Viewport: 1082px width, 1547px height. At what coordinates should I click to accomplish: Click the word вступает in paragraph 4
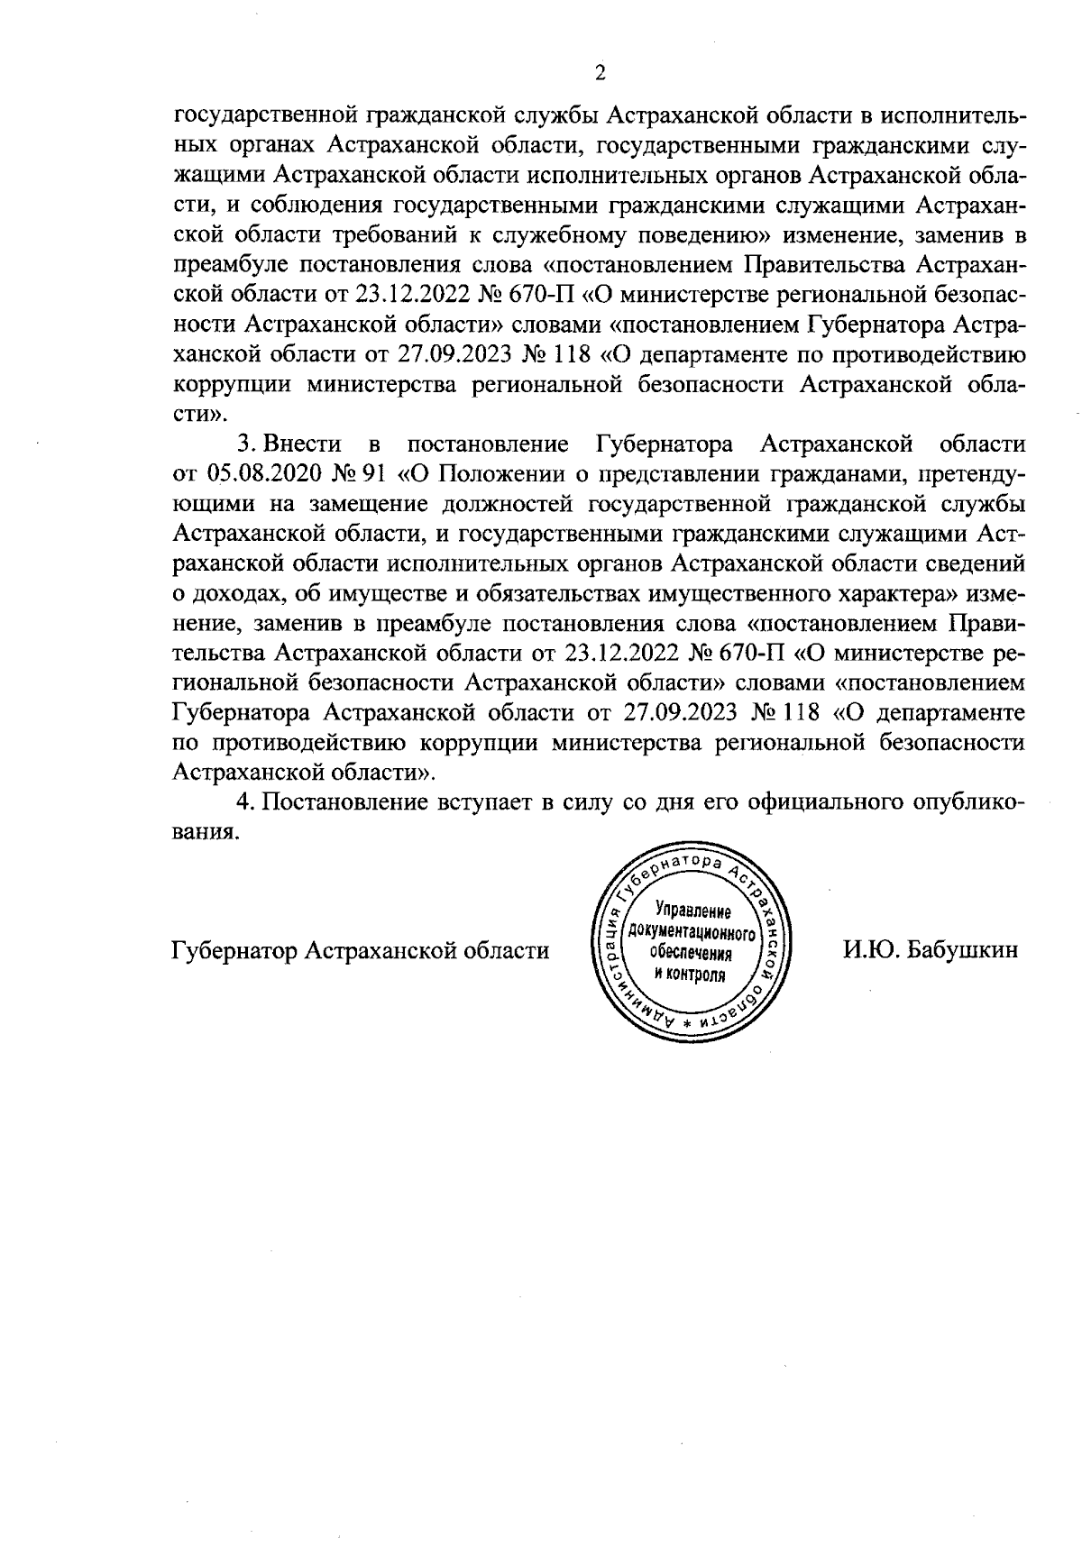pyautogui.click(x=488, y=801)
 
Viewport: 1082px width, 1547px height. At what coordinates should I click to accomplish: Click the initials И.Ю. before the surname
pyautogui.click(x=871, y=949)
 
